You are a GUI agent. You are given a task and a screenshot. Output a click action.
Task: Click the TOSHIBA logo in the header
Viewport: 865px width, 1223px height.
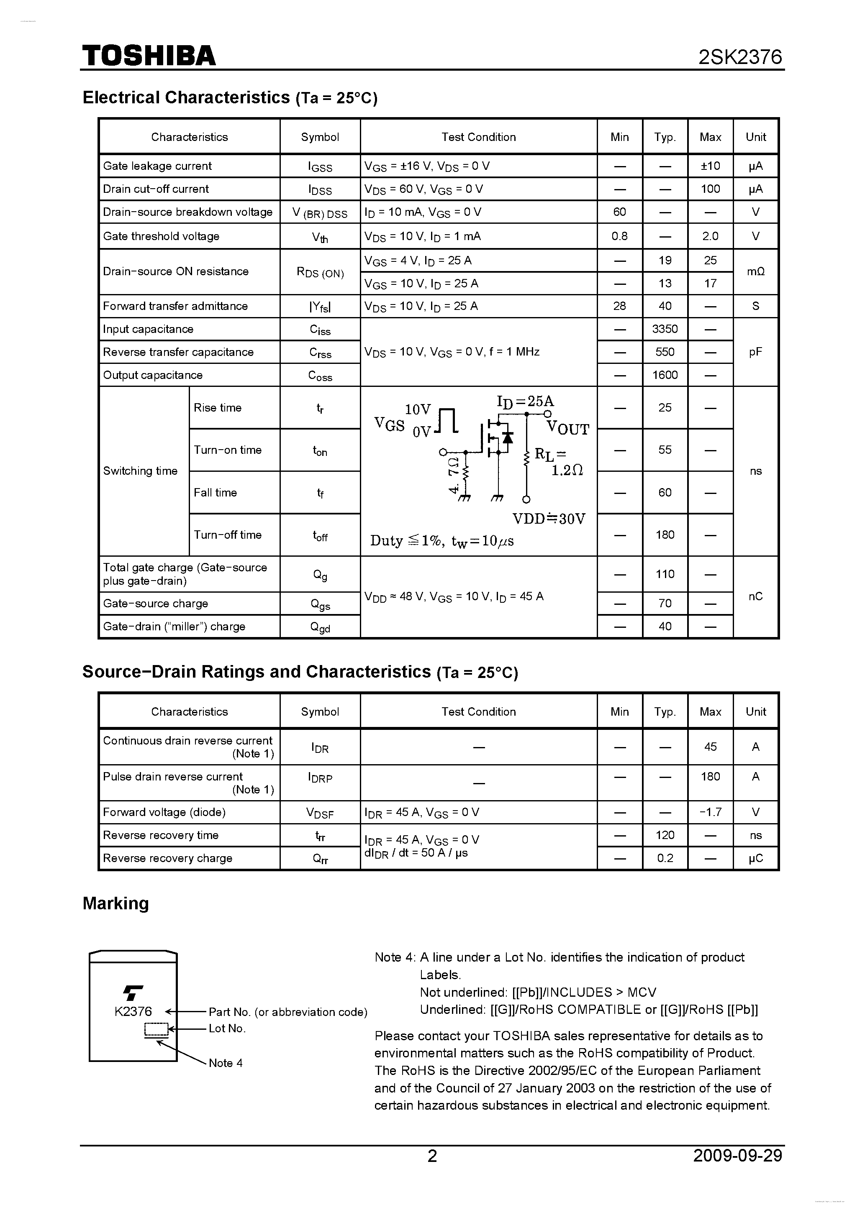[149, 55]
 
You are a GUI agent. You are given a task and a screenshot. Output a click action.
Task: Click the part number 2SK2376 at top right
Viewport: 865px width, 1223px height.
[740, 57]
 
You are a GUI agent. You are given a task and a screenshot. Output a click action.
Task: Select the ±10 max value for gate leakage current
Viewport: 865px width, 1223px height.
[710, 166]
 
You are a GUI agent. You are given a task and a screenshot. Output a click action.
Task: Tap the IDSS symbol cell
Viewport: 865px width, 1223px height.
[320, 189]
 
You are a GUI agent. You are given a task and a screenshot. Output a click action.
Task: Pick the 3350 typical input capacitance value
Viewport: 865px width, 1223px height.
[665, 329]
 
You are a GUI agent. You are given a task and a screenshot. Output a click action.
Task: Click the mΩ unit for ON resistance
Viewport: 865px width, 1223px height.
[755, 271]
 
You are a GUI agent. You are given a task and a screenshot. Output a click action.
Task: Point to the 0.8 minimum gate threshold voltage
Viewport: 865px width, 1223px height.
[619, 236]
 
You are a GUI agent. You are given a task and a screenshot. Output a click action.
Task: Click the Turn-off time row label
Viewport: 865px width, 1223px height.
[228, 535]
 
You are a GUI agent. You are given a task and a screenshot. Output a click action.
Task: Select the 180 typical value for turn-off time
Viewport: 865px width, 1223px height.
[665, 535]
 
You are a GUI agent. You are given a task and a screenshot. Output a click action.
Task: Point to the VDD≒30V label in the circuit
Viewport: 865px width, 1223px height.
[549, 519]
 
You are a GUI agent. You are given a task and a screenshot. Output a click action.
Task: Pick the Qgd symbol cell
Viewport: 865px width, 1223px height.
[320, 627]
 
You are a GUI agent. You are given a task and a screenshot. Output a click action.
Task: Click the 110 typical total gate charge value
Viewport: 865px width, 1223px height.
[665, 574]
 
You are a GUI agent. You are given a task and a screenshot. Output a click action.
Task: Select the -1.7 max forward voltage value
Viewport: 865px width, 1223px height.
[710, 812]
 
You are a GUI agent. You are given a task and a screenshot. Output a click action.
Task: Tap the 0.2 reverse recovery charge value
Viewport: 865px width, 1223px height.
[665, 858]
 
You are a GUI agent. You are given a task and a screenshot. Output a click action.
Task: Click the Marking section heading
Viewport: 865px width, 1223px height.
[116, 903]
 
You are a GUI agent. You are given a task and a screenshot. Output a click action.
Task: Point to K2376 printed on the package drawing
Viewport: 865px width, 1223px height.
[133, 1011]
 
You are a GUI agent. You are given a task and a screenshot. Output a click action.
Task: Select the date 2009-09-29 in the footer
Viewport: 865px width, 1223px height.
[738, 1156]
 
